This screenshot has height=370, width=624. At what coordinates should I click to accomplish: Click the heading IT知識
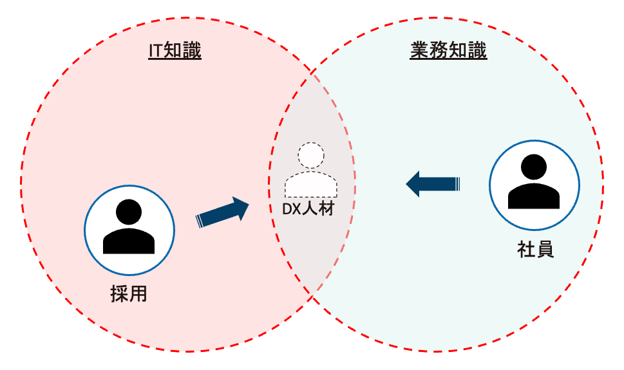click(x=175, y=51)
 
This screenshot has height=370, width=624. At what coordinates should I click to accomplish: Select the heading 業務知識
click(x=448, y=51)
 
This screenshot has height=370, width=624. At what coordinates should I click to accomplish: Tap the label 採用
click(x=129, y=294)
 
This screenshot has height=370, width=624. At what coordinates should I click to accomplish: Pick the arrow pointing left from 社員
click(x=433, y=184)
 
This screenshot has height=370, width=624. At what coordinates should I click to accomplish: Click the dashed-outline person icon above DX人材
click(x=311, y=170)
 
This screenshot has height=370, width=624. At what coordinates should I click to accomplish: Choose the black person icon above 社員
click(x=534, y=181)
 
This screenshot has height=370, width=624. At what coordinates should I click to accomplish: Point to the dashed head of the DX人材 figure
click(x=311, y=155)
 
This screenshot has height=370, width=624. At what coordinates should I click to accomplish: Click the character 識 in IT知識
click(x=192, y=51)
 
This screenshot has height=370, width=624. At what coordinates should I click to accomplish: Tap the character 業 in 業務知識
click(x=419, y=51)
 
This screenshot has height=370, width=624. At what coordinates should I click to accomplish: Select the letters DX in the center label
click(x=292, y=209)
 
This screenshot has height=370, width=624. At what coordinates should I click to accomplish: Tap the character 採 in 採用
click(x=120, y=294)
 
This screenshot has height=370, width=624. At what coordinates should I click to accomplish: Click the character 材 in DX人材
click(x=326, y=209)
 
